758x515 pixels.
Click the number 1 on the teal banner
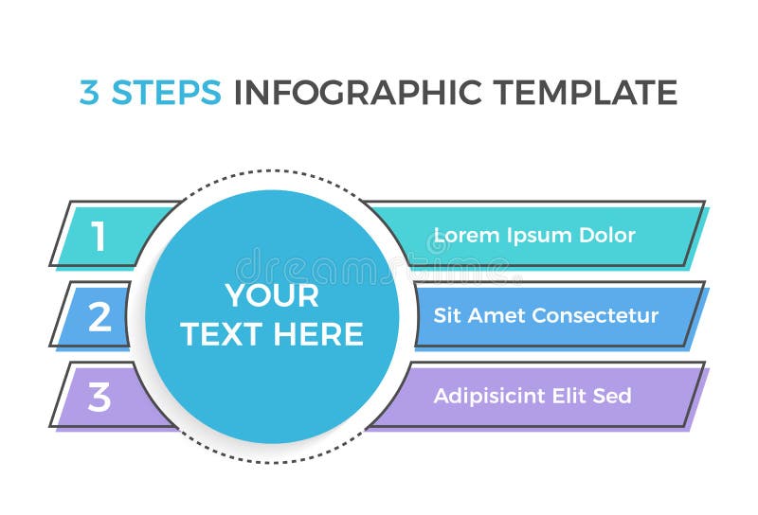click(x=99, y=237)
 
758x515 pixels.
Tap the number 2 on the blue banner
click(x=99, y=317)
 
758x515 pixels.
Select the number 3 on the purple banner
click(x=99, y=398)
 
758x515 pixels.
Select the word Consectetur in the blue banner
click(x=595, y=315)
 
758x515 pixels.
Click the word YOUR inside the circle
click(x=272, y=295)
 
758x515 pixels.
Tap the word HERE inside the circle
click(x=320, y=334)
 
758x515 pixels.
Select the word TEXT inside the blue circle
click(x=224, y=334)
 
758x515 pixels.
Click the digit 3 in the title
click(x=89, y=93)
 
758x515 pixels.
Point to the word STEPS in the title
click(x=167, y=93)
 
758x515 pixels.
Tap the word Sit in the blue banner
click(x=448, y=315)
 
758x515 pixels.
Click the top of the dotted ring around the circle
click(x=272, y=171)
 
